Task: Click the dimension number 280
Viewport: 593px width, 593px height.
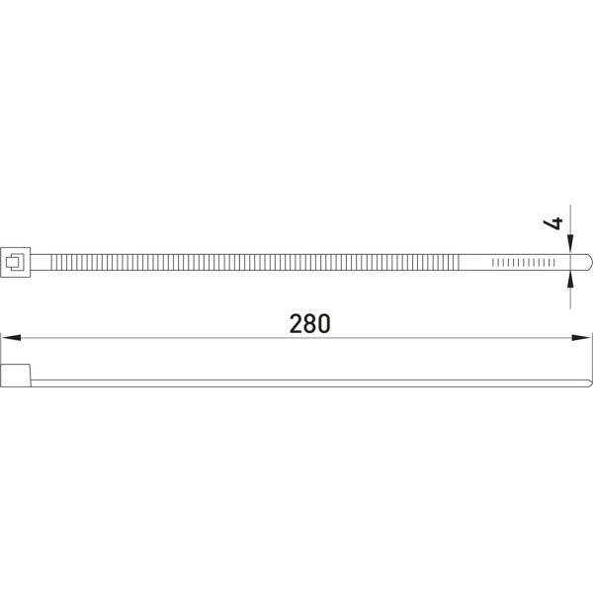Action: point(309,324)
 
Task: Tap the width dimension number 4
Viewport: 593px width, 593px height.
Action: point(552,223)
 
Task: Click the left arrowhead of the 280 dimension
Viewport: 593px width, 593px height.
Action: point(11,337)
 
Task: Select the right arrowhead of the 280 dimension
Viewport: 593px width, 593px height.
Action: point(581,337)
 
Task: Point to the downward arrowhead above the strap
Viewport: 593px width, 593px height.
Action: point(570,244)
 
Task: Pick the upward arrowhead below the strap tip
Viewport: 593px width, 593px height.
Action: point(570,281)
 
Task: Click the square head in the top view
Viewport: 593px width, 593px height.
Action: point(16,262)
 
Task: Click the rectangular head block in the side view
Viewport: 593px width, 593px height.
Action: point(16,376)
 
